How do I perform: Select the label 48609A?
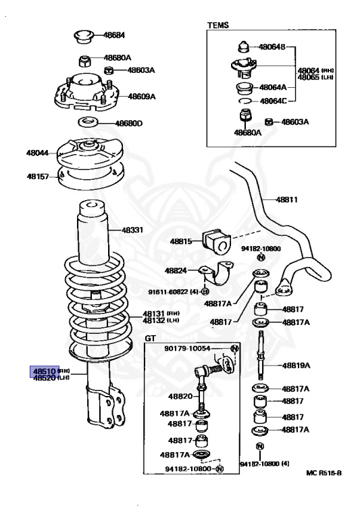(x=142, y=97)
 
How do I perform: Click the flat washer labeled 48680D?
(x=87, y=123)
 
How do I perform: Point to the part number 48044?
(x=38, y=153)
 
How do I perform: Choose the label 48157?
(x=38, y=176)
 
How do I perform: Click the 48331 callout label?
(x=132, y=230)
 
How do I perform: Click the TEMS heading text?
(x=217, y=25)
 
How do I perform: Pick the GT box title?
(x=150, y=337)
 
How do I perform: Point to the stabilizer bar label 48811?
(x=286, y=200)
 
